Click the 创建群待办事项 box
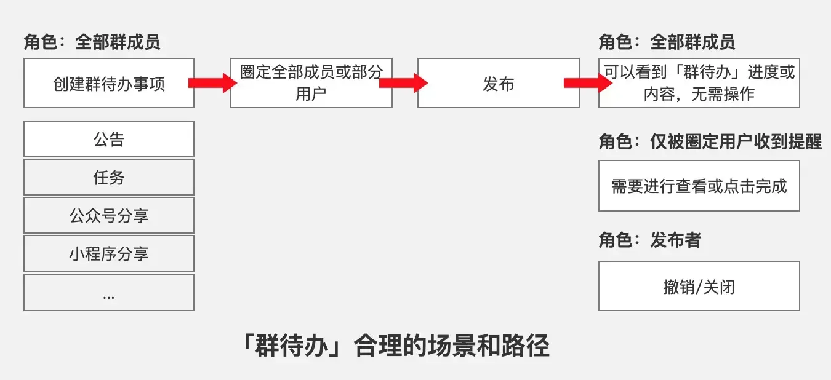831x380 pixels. (x=109, y=83)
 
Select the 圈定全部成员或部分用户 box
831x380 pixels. (x=311, y=83)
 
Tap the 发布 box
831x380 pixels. (x=498, y=83)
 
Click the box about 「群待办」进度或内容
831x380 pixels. (x=699, y=83)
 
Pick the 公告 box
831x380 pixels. (x=109, y=139)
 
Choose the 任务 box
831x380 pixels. (x=109, y=177)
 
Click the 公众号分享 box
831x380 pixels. (x=109, y=215)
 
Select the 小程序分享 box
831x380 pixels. (x=109, y=253)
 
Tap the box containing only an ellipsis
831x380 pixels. (x=109, y=293)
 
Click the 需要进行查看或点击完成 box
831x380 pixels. (x=699, y=186)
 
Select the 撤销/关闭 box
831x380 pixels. (x=699, y=286)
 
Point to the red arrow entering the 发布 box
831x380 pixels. (x=403, y=83)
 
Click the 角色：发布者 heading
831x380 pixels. (x=649, y=240)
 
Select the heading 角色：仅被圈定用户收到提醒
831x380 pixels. (x=710, y=141)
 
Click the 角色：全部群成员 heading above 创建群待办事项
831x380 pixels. (x=92, y=42)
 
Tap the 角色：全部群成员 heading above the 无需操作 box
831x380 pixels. (x=667, y=42)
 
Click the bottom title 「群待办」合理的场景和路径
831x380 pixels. (x=395, y=346)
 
